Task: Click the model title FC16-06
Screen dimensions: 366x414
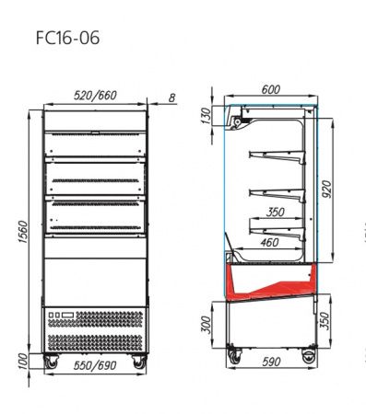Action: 67,38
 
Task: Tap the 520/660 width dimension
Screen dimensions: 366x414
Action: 95,96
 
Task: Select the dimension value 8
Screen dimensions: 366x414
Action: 171,98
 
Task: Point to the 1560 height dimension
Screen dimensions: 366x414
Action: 23,232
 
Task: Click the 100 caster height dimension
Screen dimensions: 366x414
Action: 23,361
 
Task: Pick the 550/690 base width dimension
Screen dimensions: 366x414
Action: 95,365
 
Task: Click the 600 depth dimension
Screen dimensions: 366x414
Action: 271,89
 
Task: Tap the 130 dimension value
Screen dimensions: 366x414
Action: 207,116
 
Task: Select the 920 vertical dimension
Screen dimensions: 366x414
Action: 327,190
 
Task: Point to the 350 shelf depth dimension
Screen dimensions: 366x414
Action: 276,212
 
